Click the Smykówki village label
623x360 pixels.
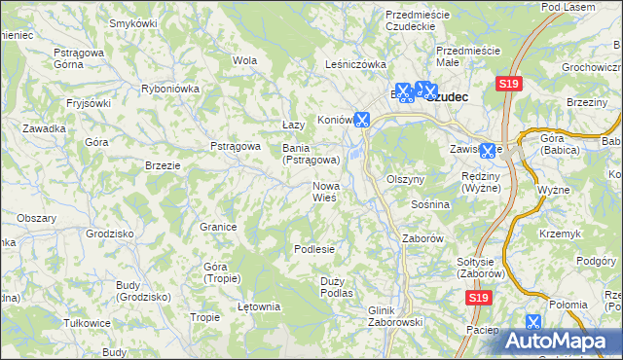134,22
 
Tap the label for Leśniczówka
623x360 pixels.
355,64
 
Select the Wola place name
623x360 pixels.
244,60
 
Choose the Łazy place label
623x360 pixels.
293,126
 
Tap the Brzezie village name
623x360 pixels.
163,165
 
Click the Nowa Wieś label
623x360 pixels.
324,191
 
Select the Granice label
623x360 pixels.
219,227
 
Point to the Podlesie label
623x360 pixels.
314,249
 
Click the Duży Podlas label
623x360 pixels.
336,286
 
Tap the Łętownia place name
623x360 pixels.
259,307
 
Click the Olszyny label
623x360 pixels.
406,180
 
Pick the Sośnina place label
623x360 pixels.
429,205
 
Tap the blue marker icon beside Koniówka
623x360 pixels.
362,121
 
